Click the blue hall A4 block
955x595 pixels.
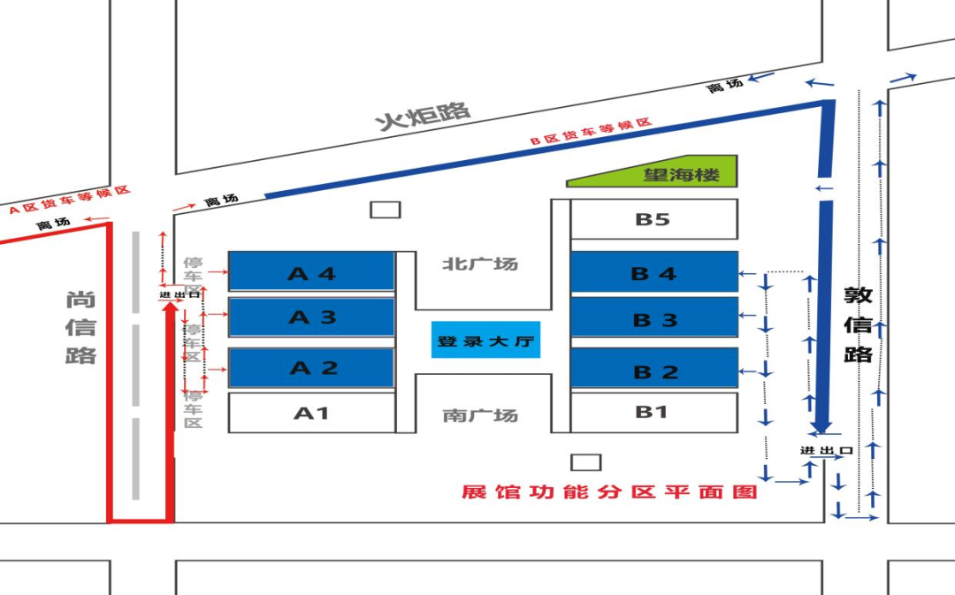311,271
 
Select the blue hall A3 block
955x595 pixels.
311,317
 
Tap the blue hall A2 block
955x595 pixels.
311,368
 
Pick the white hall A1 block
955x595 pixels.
311,413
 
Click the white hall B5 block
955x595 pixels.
653,219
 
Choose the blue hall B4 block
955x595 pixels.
653,272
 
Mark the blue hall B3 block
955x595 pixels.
653,317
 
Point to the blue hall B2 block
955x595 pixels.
653,369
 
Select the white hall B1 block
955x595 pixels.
653,412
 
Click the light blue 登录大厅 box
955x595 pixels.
485,340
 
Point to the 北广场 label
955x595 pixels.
480,263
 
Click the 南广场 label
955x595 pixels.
480,415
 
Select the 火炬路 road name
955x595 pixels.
424,115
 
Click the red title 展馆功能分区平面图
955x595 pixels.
609,492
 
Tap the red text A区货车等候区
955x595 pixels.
70,201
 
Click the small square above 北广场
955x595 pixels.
385,210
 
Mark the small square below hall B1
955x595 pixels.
585,462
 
